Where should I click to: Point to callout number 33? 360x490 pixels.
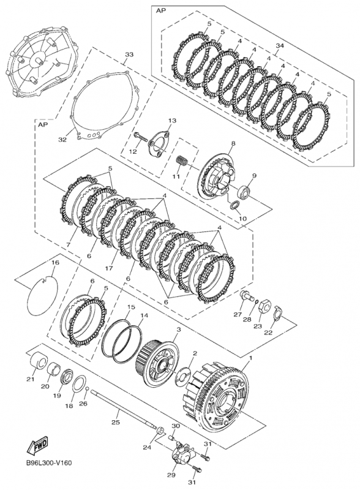[128, 55]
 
